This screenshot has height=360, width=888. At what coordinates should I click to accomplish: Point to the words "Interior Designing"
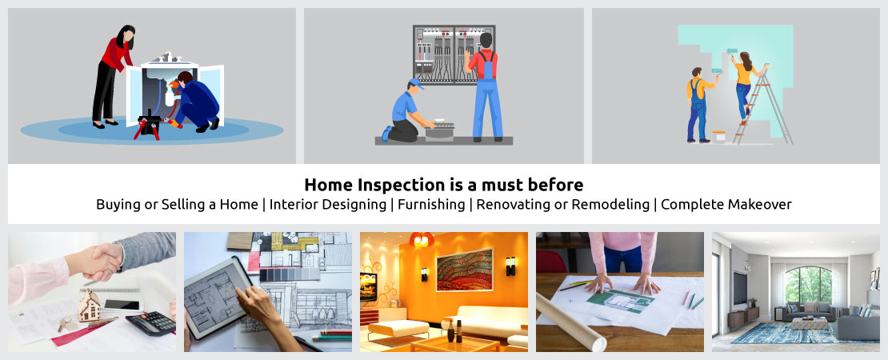click(327, 204)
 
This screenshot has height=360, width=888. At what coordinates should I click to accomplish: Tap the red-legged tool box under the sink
click(149, 124)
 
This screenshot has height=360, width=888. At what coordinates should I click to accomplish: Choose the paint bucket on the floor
click(719, 136)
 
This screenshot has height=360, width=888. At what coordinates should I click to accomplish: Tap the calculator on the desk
click(150, 322)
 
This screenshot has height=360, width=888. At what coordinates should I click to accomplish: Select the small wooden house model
click(88, 306)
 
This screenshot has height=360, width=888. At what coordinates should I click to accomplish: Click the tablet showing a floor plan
click(218, 297)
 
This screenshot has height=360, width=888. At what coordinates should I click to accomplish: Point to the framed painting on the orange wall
click(464, 270)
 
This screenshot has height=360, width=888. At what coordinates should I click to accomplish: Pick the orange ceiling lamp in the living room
click(422, 239)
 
